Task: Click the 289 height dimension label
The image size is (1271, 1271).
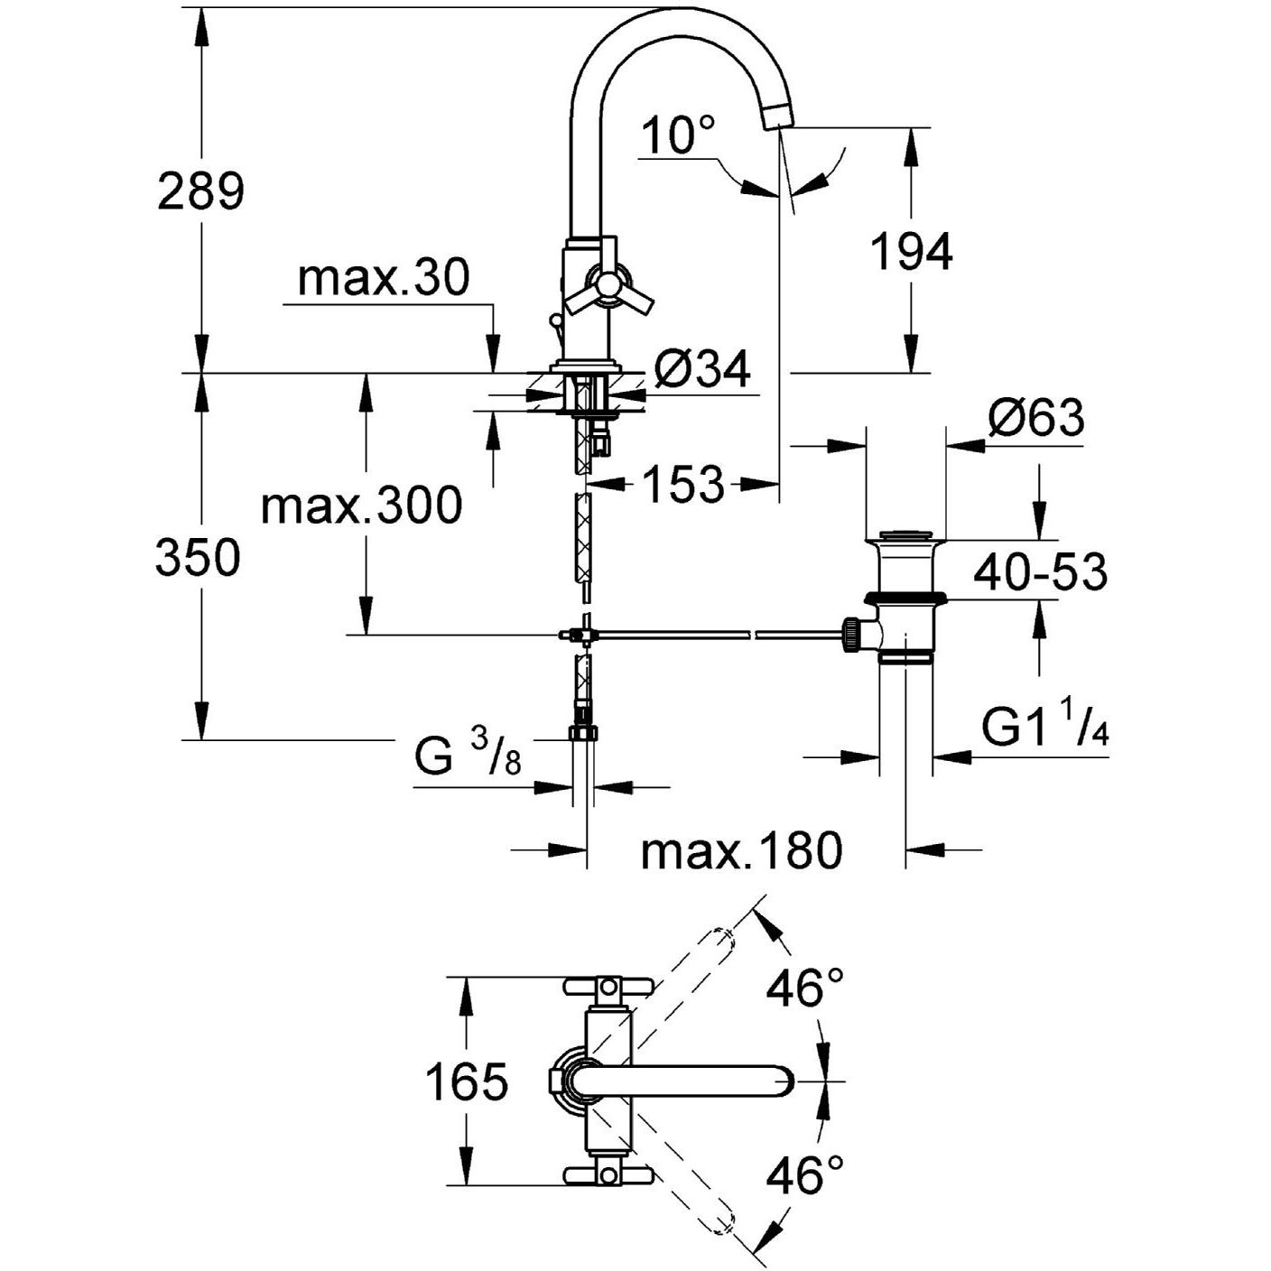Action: click(x=200, y=191)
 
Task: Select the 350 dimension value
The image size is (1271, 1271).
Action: click(x=198, y=557)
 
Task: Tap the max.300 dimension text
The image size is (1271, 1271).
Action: click(x=361, y=506)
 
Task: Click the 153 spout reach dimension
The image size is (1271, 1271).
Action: click(x=683, y=485)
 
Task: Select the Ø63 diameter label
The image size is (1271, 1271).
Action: click(x=1035, y=418)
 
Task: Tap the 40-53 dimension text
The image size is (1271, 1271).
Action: click(x=1041, y=572)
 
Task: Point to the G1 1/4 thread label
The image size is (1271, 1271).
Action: click(x=1044, y=728)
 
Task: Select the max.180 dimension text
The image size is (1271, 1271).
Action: click(x=741, y=850)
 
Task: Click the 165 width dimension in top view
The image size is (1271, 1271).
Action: click(x=467, y=1081)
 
